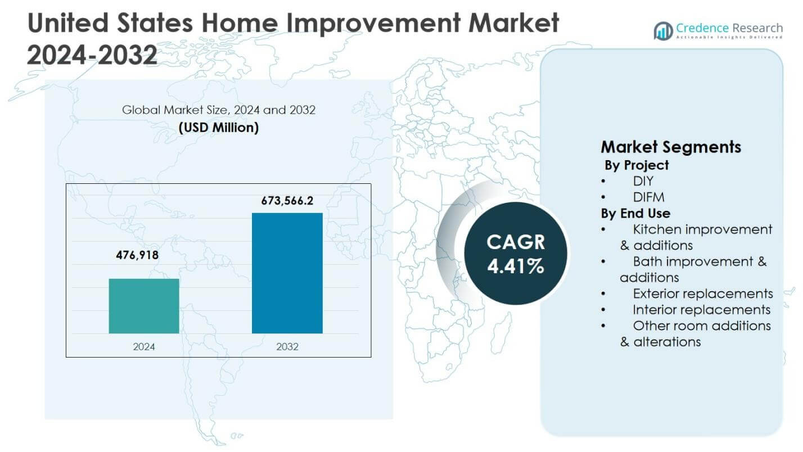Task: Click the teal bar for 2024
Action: [144, 306]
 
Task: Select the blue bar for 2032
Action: [287, 273]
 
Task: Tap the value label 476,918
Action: [137, 255]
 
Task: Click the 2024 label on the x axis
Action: [144, 347]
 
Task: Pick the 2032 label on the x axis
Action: [287, 347]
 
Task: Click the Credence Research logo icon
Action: [664, 30]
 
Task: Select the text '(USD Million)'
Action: [219, 128]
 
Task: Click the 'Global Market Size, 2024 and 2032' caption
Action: [219, 110]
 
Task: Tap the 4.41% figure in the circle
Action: [516, 266]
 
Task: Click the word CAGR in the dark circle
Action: [516, 242]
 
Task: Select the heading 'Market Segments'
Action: [671, 147]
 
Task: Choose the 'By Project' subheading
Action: [637, 165]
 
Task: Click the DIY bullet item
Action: [643, 181]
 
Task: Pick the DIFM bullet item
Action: [648, 197]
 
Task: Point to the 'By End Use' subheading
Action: [635, 214]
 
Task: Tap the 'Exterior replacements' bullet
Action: [702, 293]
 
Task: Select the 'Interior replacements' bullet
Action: [701, 310]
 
